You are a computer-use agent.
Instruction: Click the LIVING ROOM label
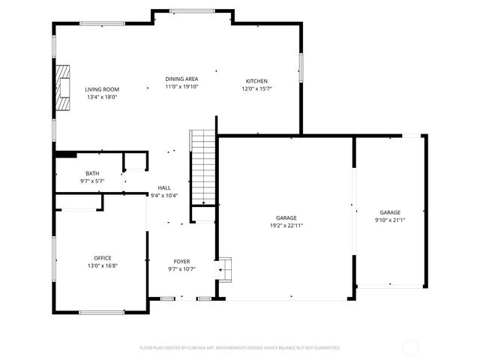tap(101, 89)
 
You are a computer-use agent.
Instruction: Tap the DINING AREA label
tap(181, 79)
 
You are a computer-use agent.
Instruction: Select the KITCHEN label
tap(256, 81)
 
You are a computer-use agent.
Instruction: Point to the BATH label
tap(91, 174)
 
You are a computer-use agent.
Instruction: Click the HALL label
tap(163, 188)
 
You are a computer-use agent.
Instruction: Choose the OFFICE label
tap(102, 258)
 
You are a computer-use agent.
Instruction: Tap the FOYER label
tap(181, 262)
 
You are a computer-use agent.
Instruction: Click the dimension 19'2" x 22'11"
tap(286, 226)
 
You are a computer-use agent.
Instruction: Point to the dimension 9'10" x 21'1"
tap(389, 220)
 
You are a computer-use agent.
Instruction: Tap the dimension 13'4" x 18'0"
tap(101, 97)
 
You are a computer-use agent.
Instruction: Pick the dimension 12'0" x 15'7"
tap(256, 88)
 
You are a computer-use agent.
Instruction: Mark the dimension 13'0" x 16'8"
tap(102, 265)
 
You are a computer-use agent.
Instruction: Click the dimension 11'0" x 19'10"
tap(181, 86)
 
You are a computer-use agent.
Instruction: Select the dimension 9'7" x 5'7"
tap(91, 181)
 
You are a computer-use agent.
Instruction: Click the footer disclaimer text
tap(240, 348)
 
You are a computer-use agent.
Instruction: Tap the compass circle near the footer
tap(410, 347)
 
